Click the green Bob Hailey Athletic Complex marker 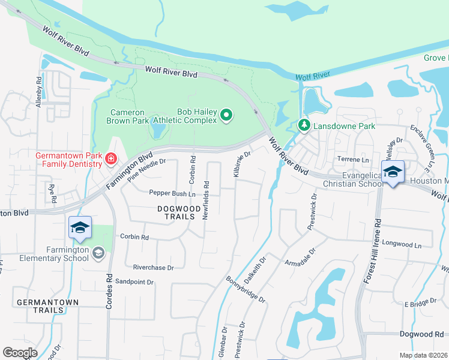coord(226,115)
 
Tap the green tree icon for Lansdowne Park coord(304,126)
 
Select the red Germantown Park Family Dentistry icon coord(111,159)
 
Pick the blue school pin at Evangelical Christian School coord(392,172)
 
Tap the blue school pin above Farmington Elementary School coord(80,228)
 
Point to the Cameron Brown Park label coord(128,116)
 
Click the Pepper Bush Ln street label coord(172,194)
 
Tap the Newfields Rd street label coord(205,200)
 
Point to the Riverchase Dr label coord(153,268)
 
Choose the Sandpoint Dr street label coord(134,281)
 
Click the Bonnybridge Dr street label coord(246,290)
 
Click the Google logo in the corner coord(20,353)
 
